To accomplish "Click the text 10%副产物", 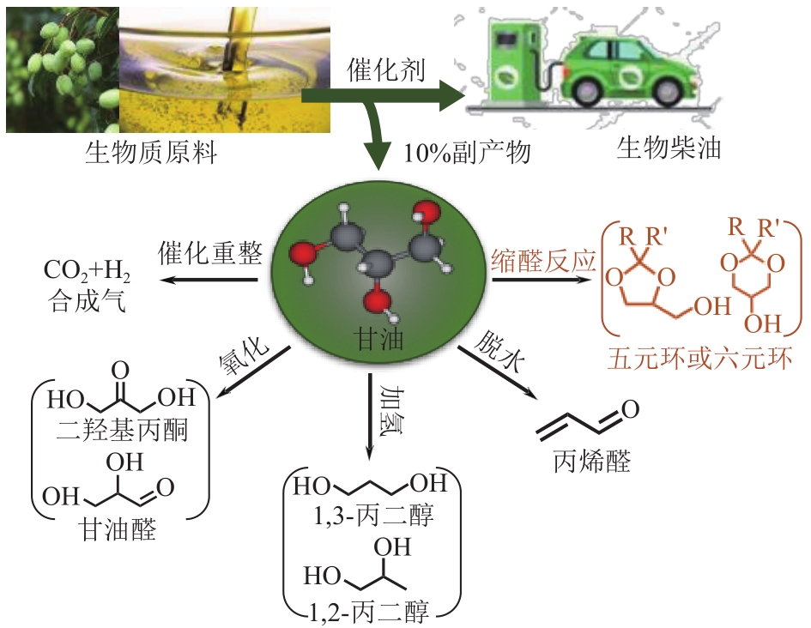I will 468,154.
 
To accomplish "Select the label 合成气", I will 85,301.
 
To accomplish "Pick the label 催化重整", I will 209,254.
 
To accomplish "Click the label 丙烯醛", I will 592,462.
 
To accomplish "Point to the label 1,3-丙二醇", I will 373,516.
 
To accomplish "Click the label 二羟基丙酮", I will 119,429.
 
